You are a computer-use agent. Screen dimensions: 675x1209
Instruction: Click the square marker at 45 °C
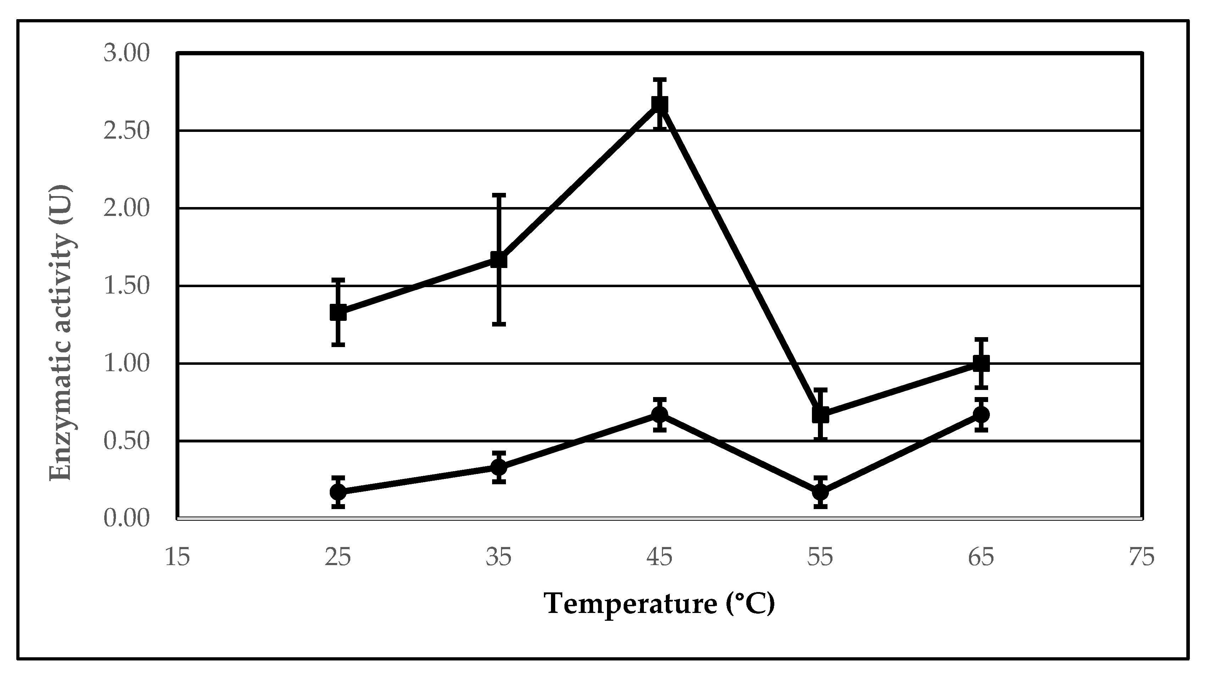[x=659, y=104]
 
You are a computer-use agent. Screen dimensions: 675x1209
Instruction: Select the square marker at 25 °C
[x=338, y=312]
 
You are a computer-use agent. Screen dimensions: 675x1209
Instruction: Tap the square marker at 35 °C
[x=498, y=259]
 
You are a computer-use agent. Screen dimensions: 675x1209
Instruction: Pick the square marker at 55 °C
[x=820, y=414]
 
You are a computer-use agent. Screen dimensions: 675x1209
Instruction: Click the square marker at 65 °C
[x=981, y=363]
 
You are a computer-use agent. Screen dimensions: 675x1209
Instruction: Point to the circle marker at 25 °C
[x=338, y=492]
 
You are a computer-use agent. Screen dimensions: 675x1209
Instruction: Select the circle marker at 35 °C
[x=498, y=467]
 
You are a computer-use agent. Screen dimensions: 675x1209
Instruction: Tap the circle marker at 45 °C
[x=659, y=414]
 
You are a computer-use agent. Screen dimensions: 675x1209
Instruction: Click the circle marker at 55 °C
[x=820, y=492]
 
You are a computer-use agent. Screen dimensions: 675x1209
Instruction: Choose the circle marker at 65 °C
[x=981, y=414]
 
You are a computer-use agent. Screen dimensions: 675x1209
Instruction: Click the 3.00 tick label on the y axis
[x=126, y=53]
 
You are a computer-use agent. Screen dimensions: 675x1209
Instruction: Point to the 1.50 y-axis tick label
[x=126, y=286]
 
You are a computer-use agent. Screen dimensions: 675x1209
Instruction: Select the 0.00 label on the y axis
[x=126, y=519]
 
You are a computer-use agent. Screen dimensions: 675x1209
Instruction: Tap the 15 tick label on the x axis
[x=177, y=558]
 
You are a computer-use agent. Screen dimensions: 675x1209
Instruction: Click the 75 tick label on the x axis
[x=1141, y=558]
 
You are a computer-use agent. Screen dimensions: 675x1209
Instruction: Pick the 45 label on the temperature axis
[x=659, y=558]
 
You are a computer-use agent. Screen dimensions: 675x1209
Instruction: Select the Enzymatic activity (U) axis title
[x=61, y=333]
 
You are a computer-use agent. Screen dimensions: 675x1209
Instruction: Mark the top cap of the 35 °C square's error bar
[x=498, y=194]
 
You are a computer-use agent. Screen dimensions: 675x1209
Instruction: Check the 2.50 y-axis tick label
[x=126, y=131]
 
